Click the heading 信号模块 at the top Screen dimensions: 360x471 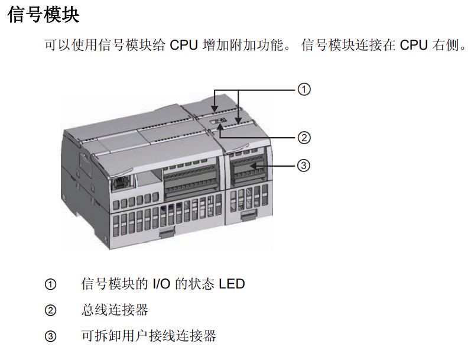tap(43, 15)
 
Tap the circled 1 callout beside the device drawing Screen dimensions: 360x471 tap(304, 90)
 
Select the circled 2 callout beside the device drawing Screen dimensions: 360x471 tap(304, 138)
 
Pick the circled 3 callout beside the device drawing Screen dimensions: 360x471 tap(304, 165)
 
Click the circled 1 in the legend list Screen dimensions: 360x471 tap(51, 284)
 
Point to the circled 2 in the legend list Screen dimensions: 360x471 tap(51, 310)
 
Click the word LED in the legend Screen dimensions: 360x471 tap(232, 284)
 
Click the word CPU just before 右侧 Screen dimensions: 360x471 tap(414, 46)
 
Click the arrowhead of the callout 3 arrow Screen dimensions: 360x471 tap(252, 167)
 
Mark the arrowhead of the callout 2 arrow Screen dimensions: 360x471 tap(220, 127)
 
